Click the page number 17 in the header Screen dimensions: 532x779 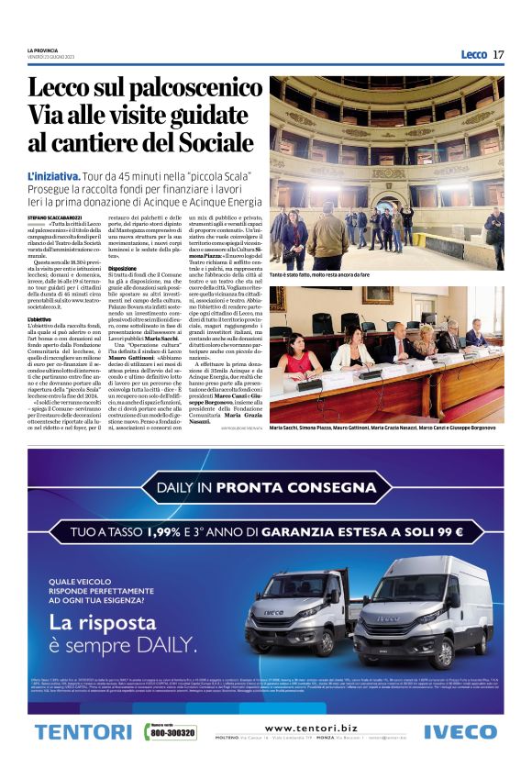(498, 54)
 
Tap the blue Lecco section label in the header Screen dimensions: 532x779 (473, 54)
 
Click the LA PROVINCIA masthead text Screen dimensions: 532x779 (43, 50)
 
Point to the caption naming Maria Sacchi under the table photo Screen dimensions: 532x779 (385, 428)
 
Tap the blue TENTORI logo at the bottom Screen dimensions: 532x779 (83, 732)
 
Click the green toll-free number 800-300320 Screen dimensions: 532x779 (171, 733)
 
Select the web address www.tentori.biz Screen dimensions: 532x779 (312, 728)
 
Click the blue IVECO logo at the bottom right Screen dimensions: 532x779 (460, 732)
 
